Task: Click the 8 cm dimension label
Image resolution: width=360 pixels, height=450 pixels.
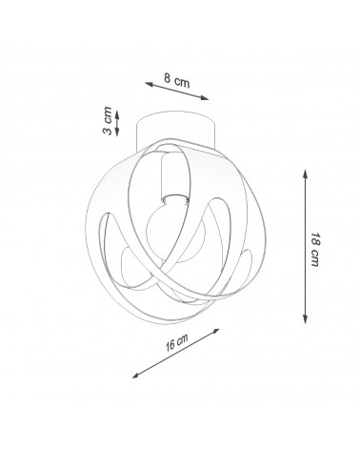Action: pyautogui.click(x=177, y=81)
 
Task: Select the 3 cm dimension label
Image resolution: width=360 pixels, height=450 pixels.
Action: pyautogui.click(x=108, y=121)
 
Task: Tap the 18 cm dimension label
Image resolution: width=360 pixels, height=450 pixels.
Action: pyautogui.click(x=315, y=249)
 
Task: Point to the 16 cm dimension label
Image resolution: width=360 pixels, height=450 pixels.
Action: pyautogui.click(x=176, y=342)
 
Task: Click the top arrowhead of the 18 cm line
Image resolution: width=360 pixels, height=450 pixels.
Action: pyautogui.click(x=305, y=174)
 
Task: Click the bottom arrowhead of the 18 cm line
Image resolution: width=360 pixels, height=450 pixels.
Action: pyautogui.click(x=305, y=319)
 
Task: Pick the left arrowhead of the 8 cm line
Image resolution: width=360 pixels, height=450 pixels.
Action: pyautogui.click(x=150, y=84)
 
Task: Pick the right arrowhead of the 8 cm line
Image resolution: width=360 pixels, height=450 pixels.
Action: pyautogui.click(x=205, y=98)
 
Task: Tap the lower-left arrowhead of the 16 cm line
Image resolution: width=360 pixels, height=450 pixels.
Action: pyautogui.click(x=136, y=376)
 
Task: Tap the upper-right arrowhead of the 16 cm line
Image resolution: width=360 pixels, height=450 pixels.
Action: pyautogui.click(x=215, y=331)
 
